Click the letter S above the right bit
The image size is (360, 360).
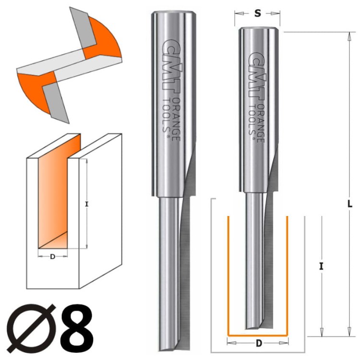(x=258, y=13)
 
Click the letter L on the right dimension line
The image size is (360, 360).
(x=349, y=204)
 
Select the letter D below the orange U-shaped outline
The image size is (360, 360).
(x=259, y=343)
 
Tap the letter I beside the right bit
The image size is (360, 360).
(x=321, y=266)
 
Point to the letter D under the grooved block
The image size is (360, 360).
(x=53, y=256)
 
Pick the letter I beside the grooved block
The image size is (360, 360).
(x=86, y=204)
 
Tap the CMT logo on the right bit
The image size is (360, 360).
(x=257, y=76)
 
